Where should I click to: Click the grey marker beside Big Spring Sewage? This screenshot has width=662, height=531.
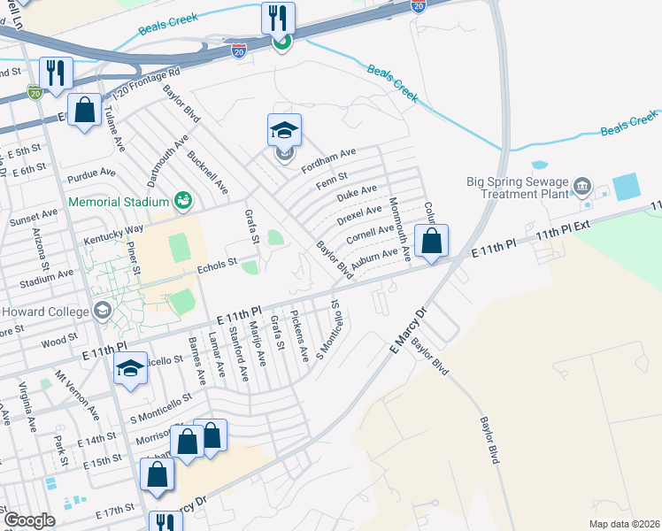click(582, 186)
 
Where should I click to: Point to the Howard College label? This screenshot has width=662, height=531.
click(42, 312)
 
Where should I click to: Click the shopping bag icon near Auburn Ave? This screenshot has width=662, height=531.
click(431, 241)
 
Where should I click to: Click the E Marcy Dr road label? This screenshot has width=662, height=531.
click(408, 327)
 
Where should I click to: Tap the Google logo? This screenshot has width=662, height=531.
click(28, 520)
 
